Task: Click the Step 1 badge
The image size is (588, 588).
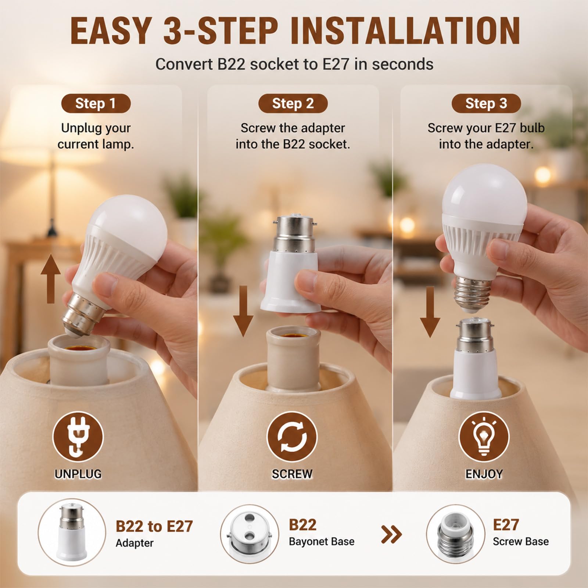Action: [x=96, y=103]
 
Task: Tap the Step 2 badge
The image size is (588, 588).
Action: [x=293, y=103]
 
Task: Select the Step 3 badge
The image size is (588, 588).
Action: [x=486, y=103]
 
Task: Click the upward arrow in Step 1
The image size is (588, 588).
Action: [x=51, y=279]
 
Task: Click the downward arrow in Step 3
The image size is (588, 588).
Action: [x=430, y=312]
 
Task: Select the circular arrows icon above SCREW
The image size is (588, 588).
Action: [x=292, y=437]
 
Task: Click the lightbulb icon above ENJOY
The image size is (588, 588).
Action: [x=484, y=437]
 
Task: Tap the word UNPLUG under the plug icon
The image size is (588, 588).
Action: [x=78, y=474]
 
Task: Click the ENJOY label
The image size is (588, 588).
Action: [x=484, y=474]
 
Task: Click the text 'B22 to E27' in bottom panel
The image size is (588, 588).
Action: [x=154, y=526]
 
